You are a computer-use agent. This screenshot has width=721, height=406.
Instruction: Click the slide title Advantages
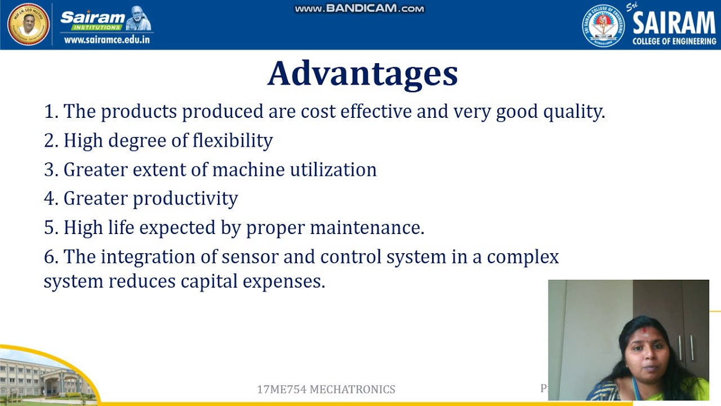point(362,74)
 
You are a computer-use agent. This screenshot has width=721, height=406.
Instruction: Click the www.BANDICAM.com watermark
point(359,8)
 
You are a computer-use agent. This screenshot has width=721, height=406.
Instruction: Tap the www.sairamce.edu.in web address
point(107,40)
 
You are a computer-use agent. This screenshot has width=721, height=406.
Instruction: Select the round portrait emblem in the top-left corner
point(28,24)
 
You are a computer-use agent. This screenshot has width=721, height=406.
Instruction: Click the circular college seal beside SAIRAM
point(603,25)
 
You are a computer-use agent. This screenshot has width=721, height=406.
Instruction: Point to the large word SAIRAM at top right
point(674,23)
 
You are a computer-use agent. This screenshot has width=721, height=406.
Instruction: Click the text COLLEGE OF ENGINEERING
point(674,41)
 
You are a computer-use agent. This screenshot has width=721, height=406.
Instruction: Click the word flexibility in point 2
point(233,140)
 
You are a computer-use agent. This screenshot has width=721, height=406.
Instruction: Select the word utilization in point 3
point(333,170)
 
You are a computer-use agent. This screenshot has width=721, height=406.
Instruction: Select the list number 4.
point(51,199)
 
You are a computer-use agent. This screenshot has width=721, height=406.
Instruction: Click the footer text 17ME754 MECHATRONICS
point(326,390)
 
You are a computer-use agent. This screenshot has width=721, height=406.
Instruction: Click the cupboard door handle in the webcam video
point(682,347)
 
